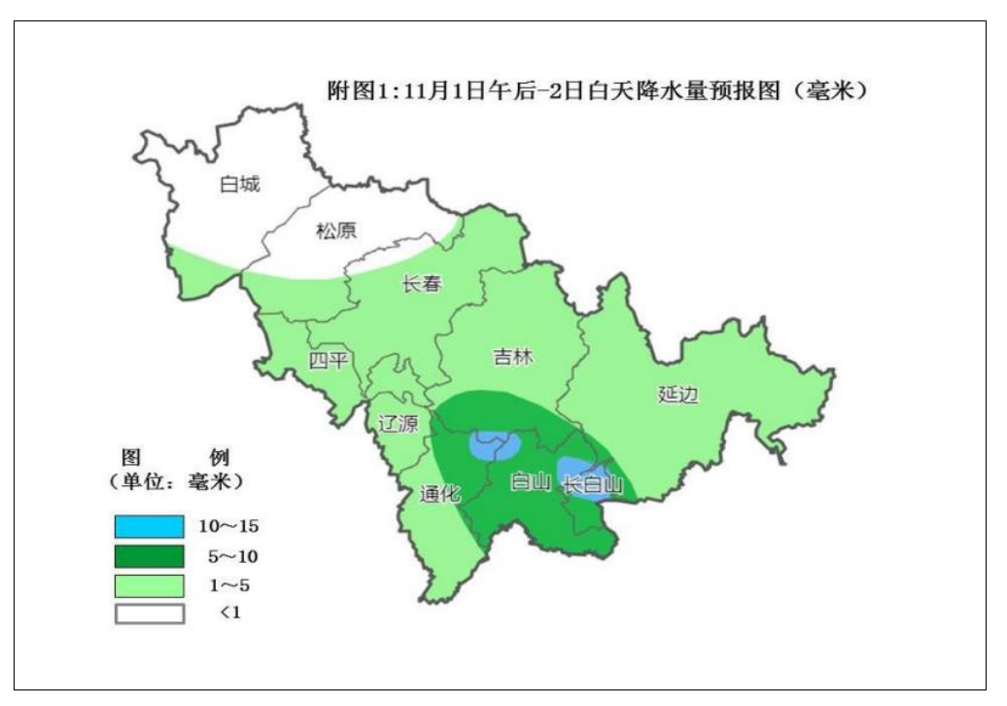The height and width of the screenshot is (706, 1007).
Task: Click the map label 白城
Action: tap(240, 184)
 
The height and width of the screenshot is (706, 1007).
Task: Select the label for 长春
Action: tap(422, 285)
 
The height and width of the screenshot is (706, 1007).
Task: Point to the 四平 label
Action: tap(328, 361)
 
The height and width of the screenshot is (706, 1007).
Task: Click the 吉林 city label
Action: tap(513, 357)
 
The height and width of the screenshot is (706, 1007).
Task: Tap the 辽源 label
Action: tap(397, 424)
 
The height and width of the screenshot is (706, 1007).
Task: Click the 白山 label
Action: tap(531, 481)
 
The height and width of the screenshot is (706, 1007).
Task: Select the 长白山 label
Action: tap(593, 482)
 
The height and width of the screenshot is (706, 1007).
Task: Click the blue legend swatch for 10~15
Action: tap(149, 526)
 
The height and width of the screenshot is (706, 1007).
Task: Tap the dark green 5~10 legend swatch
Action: tap(149, 556)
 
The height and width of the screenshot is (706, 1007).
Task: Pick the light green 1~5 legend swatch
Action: tap(149, 585)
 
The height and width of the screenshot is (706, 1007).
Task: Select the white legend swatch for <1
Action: tap(149, 614)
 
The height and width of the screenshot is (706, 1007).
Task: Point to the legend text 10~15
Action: tap(228, 526)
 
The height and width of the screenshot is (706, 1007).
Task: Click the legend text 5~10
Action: tap(228, 556)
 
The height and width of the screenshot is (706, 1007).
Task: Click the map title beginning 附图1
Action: tap(596, 92)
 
